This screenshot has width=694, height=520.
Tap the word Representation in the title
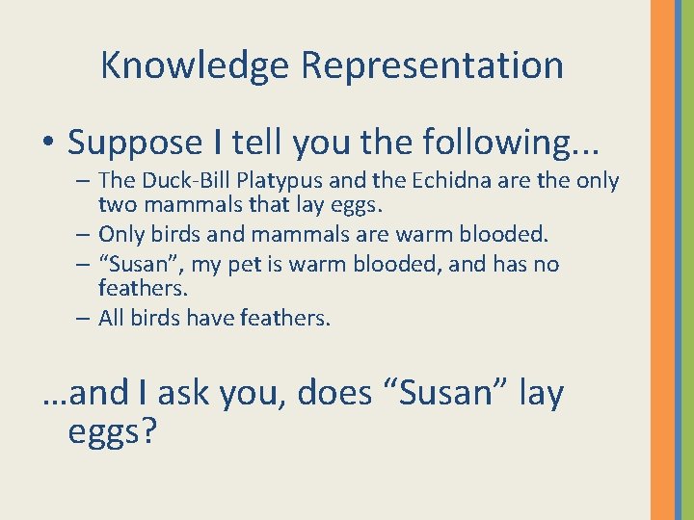[432, 65]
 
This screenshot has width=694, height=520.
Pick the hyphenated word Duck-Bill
[176, 181]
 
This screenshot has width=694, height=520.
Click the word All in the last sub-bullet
[112, 319]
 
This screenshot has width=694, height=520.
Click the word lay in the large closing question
[541, 393]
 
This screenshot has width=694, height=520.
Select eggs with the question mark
[112, 431]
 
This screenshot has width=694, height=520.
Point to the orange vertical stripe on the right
[662, 260]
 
